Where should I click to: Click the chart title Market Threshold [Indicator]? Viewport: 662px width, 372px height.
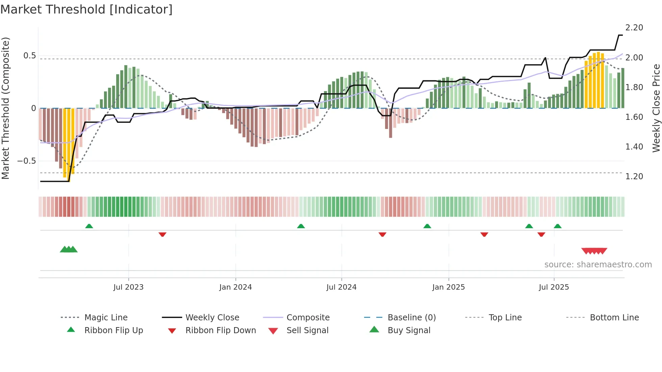point(86,9)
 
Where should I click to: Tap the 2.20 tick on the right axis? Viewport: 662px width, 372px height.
point(634,28)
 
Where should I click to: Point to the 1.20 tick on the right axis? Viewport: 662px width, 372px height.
point(634,177)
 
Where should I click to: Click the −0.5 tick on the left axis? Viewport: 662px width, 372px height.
point(27,161)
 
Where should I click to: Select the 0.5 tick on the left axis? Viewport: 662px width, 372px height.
point(29,56)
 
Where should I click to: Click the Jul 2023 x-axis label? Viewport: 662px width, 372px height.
point(128,287)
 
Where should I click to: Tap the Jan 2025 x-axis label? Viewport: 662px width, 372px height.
point(448,287)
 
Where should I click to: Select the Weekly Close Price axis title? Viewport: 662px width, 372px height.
point(656,108)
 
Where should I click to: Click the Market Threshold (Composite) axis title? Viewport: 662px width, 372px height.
point(5,108)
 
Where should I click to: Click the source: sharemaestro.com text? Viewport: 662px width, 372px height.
point(598,265)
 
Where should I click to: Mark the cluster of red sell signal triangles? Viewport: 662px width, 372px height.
point(594,251)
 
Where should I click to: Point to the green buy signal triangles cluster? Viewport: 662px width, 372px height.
point(69,249)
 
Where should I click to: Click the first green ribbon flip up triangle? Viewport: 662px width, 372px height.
point(89,226)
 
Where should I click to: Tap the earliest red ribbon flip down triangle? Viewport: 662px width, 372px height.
point(162,234)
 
